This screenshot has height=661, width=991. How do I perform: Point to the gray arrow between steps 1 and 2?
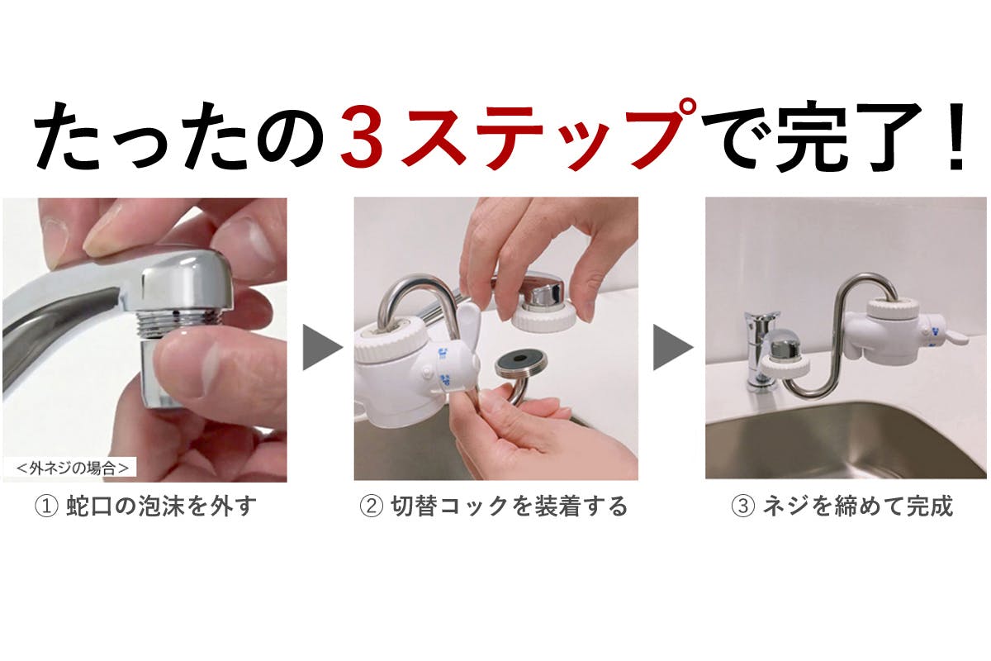click(320, 347)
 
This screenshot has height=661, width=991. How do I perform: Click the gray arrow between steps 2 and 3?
click(671, 347)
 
